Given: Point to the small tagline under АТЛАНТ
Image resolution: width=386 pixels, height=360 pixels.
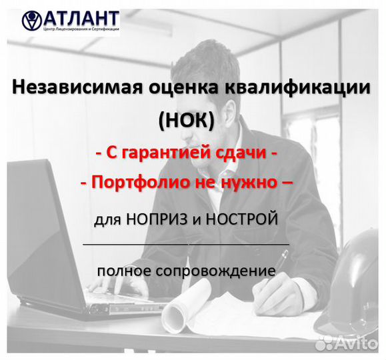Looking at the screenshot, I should pos(81,29).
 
